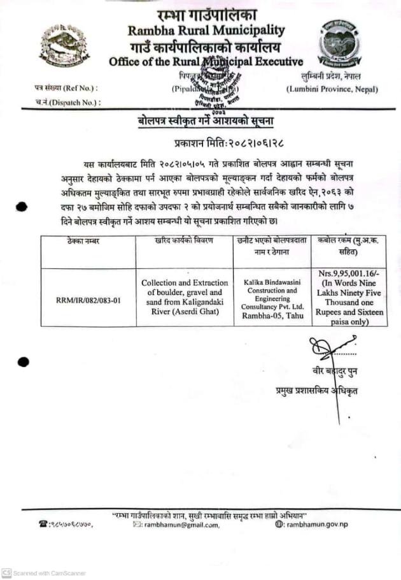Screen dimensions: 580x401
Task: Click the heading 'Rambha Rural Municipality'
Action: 206,30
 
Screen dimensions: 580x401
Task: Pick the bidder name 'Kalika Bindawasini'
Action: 271,281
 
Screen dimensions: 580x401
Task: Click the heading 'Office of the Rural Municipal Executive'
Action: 206,62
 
